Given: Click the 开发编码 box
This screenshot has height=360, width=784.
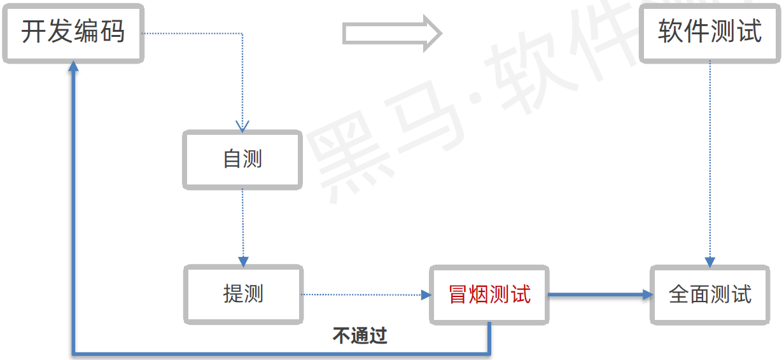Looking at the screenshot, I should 73,32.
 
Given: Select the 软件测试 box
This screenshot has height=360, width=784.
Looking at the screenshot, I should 710,32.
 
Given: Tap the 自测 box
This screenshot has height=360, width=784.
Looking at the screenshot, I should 242,159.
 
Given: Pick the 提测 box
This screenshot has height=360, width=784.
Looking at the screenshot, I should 243,294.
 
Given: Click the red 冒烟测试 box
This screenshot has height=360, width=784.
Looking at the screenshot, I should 489,294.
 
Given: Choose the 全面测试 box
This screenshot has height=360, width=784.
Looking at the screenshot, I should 710,294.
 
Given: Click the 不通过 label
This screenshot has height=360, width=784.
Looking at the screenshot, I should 360,335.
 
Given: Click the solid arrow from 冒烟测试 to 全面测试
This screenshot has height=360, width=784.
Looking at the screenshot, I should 601,294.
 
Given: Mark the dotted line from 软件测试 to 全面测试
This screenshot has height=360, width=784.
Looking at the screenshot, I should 710,159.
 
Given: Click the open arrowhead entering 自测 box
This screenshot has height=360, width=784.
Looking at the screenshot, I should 242,125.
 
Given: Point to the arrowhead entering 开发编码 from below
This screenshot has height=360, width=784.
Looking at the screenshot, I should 74,66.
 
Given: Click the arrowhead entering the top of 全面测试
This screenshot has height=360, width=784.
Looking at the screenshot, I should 710,262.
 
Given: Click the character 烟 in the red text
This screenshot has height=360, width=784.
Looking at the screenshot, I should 479,294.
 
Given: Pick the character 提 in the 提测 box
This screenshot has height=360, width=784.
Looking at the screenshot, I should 233,294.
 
